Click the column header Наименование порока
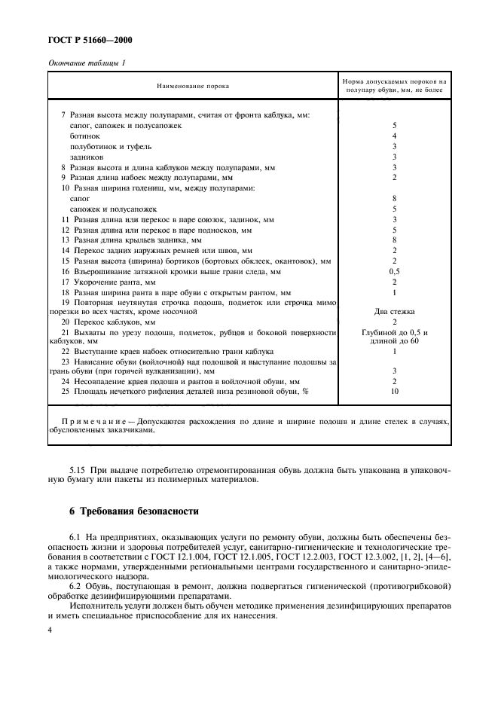(x=193, y=87)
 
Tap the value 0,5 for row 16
(x=394, y=270)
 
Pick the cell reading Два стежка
(x=394, y=310)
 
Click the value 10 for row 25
(x=394, y=392)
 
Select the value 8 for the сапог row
(x=394, y=198)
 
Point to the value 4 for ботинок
(x=394, y=136)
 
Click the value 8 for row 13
(x=394, y=240)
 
